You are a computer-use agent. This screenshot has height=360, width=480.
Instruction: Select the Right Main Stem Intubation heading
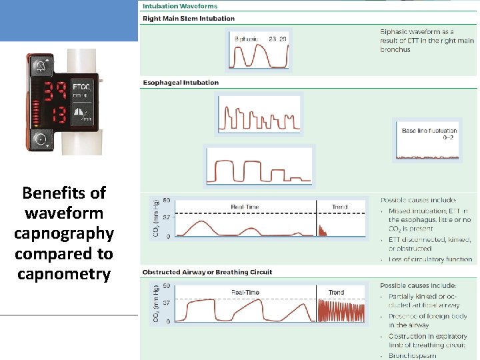tap(189, 18)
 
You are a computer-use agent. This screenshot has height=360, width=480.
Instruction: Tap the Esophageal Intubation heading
tap(181, 83)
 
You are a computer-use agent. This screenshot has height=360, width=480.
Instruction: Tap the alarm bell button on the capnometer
tap(41, 66)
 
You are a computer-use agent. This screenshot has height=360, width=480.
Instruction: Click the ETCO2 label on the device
tap(82, 87)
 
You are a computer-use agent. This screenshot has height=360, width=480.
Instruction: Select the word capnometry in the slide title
tap(64, 274)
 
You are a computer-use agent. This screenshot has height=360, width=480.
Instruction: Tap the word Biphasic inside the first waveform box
tap(246, 39)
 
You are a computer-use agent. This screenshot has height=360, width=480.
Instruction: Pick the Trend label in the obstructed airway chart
tap(336, 293)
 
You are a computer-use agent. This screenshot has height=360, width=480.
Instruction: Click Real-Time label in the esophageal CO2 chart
tap(246, 207)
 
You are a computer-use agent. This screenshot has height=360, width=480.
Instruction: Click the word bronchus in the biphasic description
tap(395, 49)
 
